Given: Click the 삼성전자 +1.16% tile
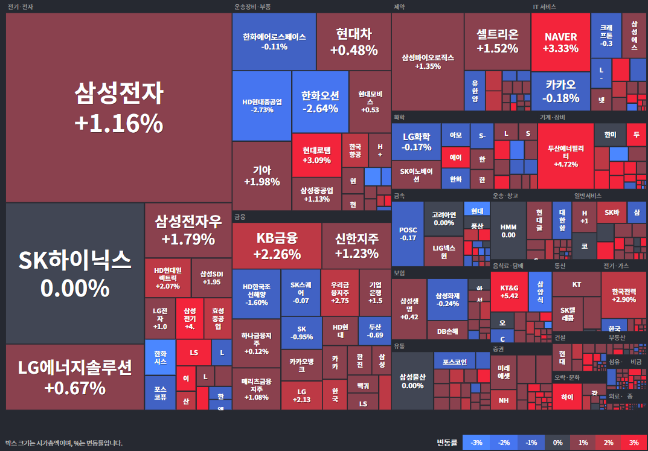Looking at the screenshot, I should pyautogui.click(x=118, y=107).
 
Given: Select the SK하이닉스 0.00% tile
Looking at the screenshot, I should pyautogui.click(x=75, y=273).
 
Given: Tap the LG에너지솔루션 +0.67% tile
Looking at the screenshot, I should pyautogui.click(x=75, y=377).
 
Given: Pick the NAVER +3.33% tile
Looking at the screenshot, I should pyautogui.click(x=560, y=42).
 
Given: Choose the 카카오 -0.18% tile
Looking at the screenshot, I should pyautogui.click(x=560, y=91).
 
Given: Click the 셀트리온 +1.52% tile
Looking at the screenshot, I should pyautogui.click(x=497, y=41).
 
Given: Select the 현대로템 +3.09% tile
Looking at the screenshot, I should pyautogui.click(x=316, y=155).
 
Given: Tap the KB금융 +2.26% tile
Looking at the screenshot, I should pyautogui.click(x=277, y=245).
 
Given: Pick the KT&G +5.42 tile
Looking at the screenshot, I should pyautogui.click(x=509, y=290).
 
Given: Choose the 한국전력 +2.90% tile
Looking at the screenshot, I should pyautogui.click(x=623, y=295).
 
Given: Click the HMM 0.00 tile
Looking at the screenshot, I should pyautogui.click(x=508, y=231).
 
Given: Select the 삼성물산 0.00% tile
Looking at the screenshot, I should pyautogui.click(x=412, y=381).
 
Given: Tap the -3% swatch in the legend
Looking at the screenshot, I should pyautogui.click(x=476, y=443).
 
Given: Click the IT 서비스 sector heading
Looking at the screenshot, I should pyautogui.click(x=544, y=7).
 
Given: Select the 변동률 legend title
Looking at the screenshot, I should pyautogui.click(x=447, y=443).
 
